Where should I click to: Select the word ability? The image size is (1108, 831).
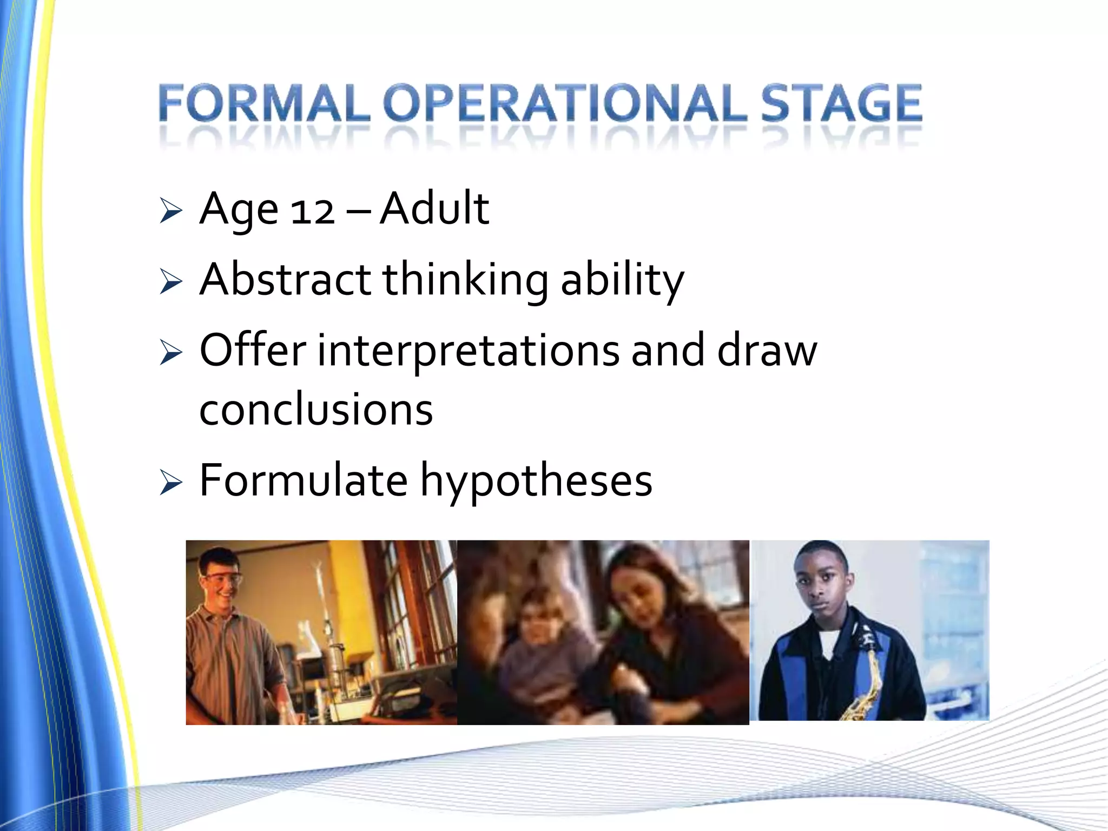[622, 280]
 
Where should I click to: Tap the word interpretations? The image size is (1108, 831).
[468, 352]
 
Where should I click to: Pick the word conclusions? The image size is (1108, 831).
[316, 410]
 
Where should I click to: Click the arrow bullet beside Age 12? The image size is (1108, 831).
[170, 212]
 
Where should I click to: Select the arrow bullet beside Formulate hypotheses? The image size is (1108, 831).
[170, 483]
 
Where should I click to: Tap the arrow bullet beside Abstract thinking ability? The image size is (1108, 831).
[170, 282]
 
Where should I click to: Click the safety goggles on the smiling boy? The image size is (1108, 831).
[222, 581]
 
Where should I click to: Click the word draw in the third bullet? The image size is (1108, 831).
[767, 351]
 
